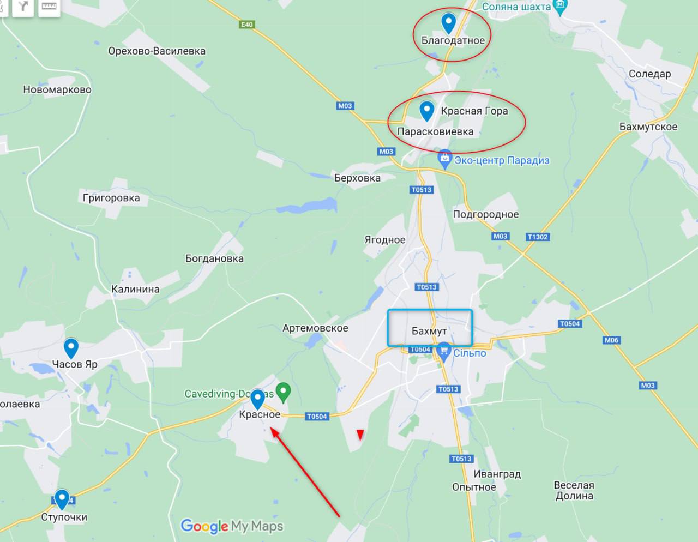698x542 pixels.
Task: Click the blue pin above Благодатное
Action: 448,23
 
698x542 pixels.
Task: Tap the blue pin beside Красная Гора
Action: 426,111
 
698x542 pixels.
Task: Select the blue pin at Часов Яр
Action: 71,347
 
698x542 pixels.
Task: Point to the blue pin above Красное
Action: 257,399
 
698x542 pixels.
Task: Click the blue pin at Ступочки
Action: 62,498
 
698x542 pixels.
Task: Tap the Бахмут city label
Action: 429,331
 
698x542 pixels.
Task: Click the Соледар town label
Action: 649,74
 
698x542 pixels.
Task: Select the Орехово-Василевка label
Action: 157,51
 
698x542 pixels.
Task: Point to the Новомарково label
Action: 57,89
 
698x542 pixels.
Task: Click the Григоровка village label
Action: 111,198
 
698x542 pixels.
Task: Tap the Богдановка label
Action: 214,258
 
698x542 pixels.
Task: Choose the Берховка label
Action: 357,178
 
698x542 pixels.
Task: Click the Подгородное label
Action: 486,214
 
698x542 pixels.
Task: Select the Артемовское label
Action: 315,328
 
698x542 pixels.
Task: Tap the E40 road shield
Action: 247,25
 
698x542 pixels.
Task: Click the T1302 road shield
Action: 538,237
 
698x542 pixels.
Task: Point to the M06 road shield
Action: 611,340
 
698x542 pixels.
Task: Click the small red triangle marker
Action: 360,434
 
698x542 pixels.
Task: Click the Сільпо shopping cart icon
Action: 444,350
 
